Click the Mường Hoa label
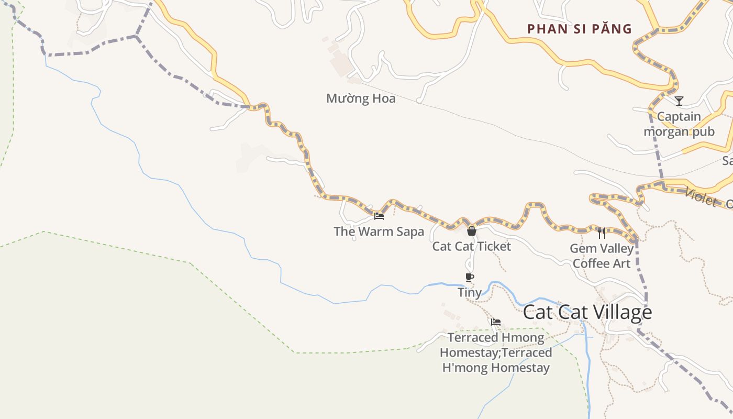coord(361,98)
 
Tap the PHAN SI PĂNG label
coord(580,29)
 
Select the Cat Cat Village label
coord(587,312)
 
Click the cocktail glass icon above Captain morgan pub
coord(679,101)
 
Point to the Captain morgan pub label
coord(679,124)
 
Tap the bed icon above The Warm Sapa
coord(379,216)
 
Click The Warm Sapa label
coord(379,231)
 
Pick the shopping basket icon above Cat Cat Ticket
coord(471,231)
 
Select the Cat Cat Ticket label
coord(471,246)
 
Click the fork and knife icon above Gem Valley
coord(602,233)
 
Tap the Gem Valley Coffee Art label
coord(602,256)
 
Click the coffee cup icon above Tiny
coord(470,277)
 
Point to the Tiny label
coord(470,292)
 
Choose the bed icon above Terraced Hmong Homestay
coord(496,322)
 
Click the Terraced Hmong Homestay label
coord(496,352)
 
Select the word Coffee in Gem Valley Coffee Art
coord(592,263)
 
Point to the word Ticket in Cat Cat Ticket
coord(493,246)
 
